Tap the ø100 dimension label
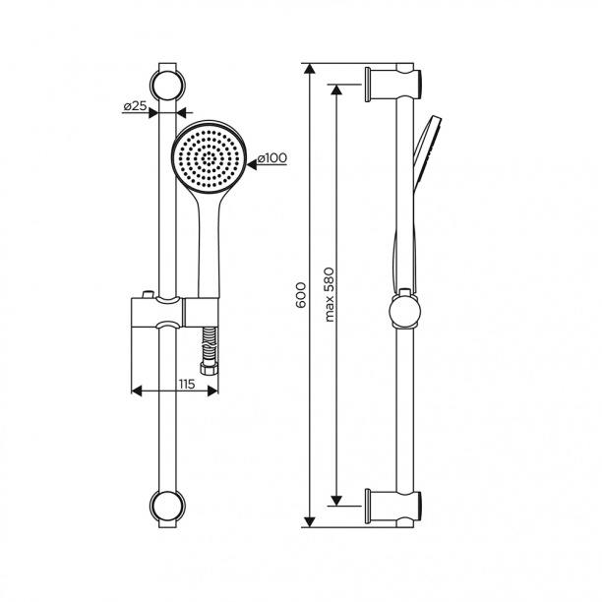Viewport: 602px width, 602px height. coord(271,158)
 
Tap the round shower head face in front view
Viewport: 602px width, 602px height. coord(208,157)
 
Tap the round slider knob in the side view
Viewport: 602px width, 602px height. coord(404,312)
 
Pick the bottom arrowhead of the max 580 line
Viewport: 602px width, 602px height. coord(338,499)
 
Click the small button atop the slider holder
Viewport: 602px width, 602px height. coord(147,296)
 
